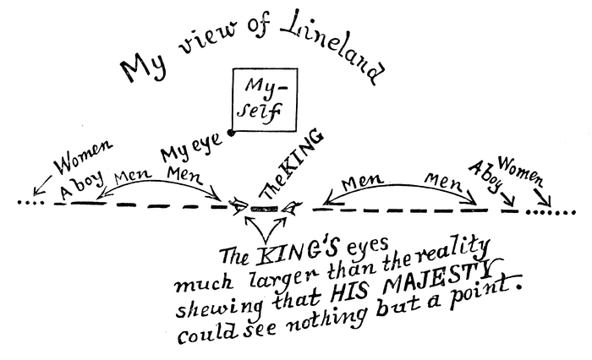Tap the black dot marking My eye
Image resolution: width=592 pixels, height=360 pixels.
tap(231, 133)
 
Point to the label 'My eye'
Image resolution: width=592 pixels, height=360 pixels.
tap(190, 148)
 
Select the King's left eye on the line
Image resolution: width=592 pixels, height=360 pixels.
tap(239, 205)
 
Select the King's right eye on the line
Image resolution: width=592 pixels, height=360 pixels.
tap(292, 207)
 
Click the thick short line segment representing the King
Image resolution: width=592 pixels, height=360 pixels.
tap(265, 208)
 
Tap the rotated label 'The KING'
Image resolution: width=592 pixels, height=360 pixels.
tap(292, 166)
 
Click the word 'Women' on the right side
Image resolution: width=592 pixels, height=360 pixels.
tap(521, 171)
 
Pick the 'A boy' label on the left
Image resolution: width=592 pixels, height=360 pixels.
tap(81, 184)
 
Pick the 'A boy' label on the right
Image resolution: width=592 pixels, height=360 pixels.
tap(486, 177)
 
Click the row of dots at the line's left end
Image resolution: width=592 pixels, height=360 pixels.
tap(30, 203)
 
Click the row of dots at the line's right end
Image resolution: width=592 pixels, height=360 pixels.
tap(551, 212)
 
